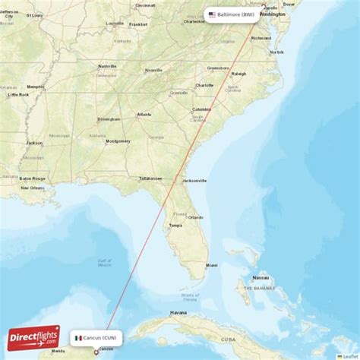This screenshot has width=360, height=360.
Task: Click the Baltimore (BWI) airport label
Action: [x=236, y=14]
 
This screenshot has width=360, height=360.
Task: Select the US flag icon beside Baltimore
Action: [x=212, y=14]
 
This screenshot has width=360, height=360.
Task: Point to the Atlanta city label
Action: [x=144, y=115]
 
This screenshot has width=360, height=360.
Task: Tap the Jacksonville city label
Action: [x=194, y=181]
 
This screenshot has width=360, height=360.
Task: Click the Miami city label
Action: [x=211, y=264]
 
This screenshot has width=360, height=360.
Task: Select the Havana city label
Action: [x=178, y=312]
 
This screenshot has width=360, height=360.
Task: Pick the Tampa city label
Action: [x=175, y=225]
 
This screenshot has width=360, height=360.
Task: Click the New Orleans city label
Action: [x=33, y=187]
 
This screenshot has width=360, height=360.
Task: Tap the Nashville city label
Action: [x=106, y=66]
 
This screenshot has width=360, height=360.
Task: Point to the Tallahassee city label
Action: [x=150, y=178]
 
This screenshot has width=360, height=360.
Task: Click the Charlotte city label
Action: [x=204, y=85]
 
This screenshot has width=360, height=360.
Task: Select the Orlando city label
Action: [x=195, y=217]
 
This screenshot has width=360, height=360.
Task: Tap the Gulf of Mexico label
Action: [x=104, y=262]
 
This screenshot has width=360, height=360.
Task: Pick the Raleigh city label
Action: [x=238, y=74]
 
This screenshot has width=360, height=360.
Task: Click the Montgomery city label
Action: [x=118, y=141]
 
